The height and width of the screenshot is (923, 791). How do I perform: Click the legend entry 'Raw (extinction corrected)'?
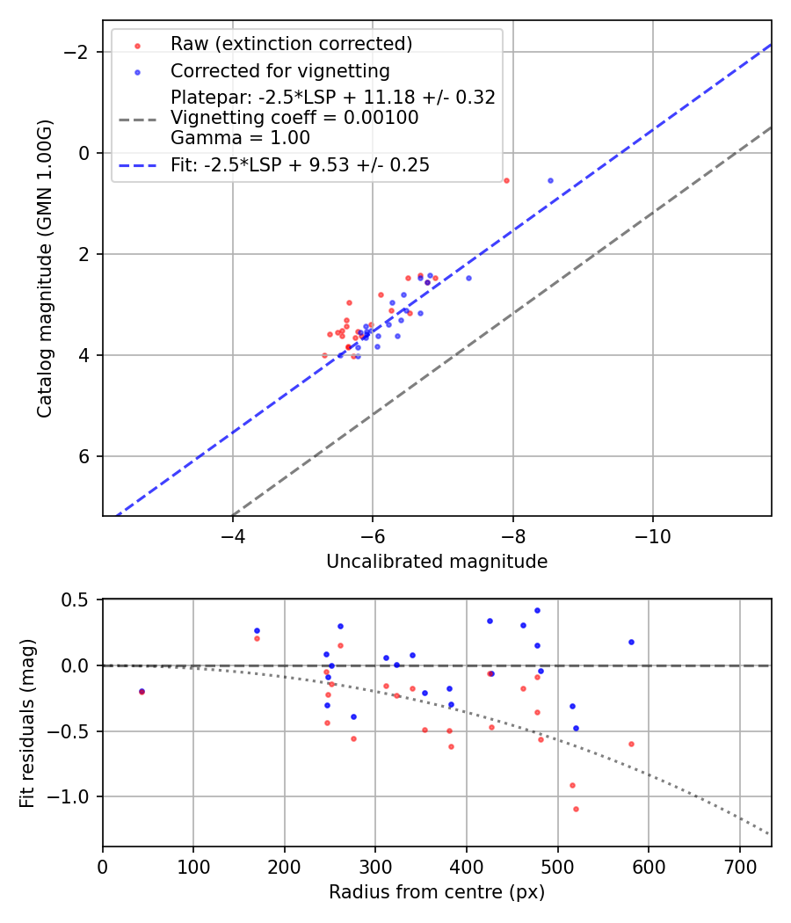pos(291,44)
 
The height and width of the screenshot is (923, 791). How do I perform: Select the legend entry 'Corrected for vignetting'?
pos(279,70)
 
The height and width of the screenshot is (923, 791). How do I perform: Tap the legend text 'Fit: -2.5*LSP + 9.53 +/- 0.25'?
pos(300,164)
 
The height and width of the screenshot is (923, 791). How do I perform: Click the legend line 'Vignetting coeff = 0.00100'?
pos(294,118)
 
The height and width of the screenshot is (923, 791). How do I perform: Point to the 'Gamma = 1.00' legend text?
pos(240,138)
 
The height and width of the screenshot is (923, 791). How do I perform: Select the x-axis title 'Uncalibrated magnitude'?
pos(437,562)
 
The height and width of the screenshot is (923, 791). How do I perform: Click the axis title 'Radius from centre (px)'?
pos(437,892)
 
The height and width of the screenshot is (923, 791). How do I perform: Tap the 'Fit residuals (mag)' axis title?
pos(26,723)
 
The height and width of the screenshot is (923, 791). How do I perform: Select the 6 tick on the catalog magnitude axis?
pos(86,456)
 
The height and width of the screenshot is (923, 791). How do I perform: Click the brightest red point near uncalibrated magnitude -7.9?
pos(506,180)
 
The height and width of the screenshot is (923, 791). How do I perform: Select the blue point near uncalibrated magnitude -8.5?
pos(550,180)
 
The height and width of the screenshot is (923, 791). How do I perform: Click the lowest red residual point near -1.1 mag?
pos(576,809)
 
